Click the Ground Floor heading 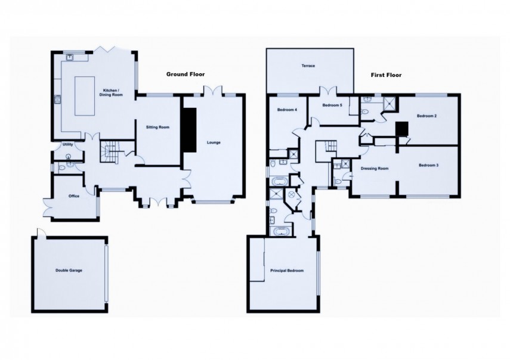click(x=185, y=75)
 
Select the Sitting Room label click(x=158, y=127)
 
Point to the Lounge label click(x=213, y=142)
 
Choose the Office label click(x=74, y=196)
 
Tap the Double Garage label click(x=69, y=270)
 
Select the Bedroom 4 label click(x=288, y=110)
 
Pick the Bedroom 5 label click(x=332, y=105)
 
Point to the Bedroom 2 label click(x=427, y=116)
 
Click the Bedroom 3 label click(x=428, y=165)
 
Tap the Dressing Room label click(x=375, y=169)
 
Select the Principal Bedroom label click(x=287, y=271)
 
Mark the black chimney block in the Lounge click(x=189, y=132)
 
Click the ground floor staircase click(x=110, y=151)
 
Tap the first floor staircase click(x=326, y=148)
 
